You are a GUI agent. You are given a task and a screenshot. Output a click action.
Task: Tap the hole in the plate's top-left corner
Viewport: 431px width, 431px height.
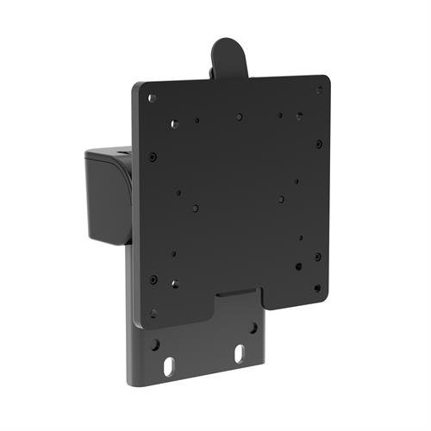point(153,98)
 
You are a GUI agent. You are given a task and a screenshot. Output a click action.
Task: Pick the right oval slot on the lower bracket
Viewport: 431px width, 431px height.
point(240,353)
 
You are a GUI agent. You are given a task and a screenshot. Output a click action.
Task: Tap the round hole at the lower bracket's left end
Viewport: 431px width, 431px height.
point(155,344)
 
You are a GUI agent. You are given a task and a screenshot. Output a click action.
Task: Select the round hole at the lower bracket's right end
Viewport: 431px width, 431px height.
point(253,328)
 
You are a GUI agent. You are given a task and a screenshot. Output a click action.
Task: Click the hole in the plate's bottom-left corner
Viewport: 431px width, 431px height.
point(154,313)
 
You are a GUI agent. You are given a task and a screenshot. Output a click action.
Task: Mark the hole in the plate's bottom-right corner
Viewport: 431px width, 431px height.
point(317,288)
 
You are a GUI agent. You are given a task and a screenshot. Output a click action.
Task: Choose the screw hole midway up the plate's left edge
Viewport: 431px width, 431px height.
point(153,157)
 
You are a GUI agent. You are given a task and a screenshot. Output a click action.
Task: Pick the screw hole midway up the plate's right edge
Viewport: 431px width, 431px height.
point(318,144)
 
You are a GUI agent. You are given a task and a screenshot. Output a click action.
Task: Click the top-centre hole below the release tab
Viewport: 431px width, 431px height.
point(239,116)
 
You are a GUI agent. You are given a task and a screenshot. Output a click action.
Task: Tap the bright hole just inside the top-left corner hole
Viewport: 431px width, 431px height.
point(174,124)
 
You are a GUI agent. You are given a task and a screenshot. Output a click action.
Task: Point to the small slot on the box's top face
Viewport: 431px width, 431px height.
point(121,154)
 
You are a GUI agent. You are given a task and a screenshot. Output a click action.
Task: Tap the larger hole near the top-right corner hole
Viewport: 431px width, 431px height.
point(299,115)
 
